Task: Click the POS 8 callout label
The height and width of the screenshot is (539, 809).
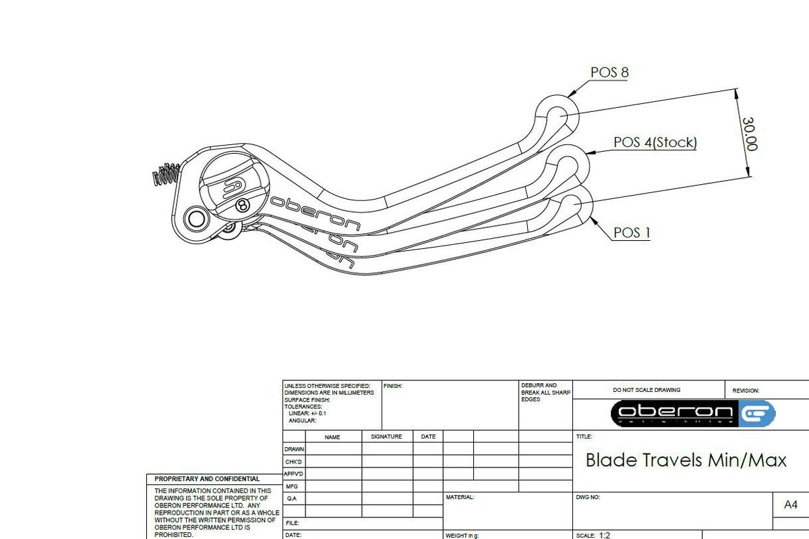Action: [609, 72]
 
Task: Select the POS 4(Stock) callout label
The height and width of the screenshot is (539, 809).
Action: [655, 142]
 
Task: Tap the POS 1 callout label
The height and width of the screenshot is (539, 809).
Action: [632, 233]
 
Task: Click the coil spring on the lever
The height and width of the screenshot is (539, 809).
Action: [164, 175]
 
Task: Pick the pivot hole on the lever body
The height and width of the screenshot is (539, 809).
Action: [196, 219]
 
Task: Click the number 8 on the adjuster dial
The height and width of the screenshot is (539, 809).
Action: [242, 204]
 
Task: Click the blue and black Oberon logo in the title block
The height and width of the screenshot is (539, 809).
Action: [693, 413]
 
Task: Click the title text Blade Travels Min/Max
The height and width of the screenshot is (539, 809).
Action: [686, 461]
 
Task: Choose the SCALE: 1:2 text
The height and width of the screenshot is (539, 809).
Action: [593, 535]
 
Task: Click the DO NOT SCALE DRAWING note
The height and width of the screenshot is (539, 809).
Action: [647, 390]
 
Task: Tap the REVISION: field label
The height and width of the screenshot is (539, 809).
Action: [746, 391]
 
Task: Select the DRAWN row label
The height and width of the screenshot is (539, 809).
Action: [294, 449]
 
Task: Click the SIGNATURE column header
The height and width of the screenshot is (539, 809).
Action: [386, 436]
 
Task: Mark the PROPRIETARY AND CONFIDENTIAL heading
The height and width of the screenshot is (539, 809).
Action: [207, 479]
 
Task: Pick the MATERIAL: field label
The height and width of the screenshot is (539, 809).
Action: [460, 497]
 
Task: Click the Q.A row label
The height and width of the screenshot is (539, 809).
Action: [291, 499]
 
